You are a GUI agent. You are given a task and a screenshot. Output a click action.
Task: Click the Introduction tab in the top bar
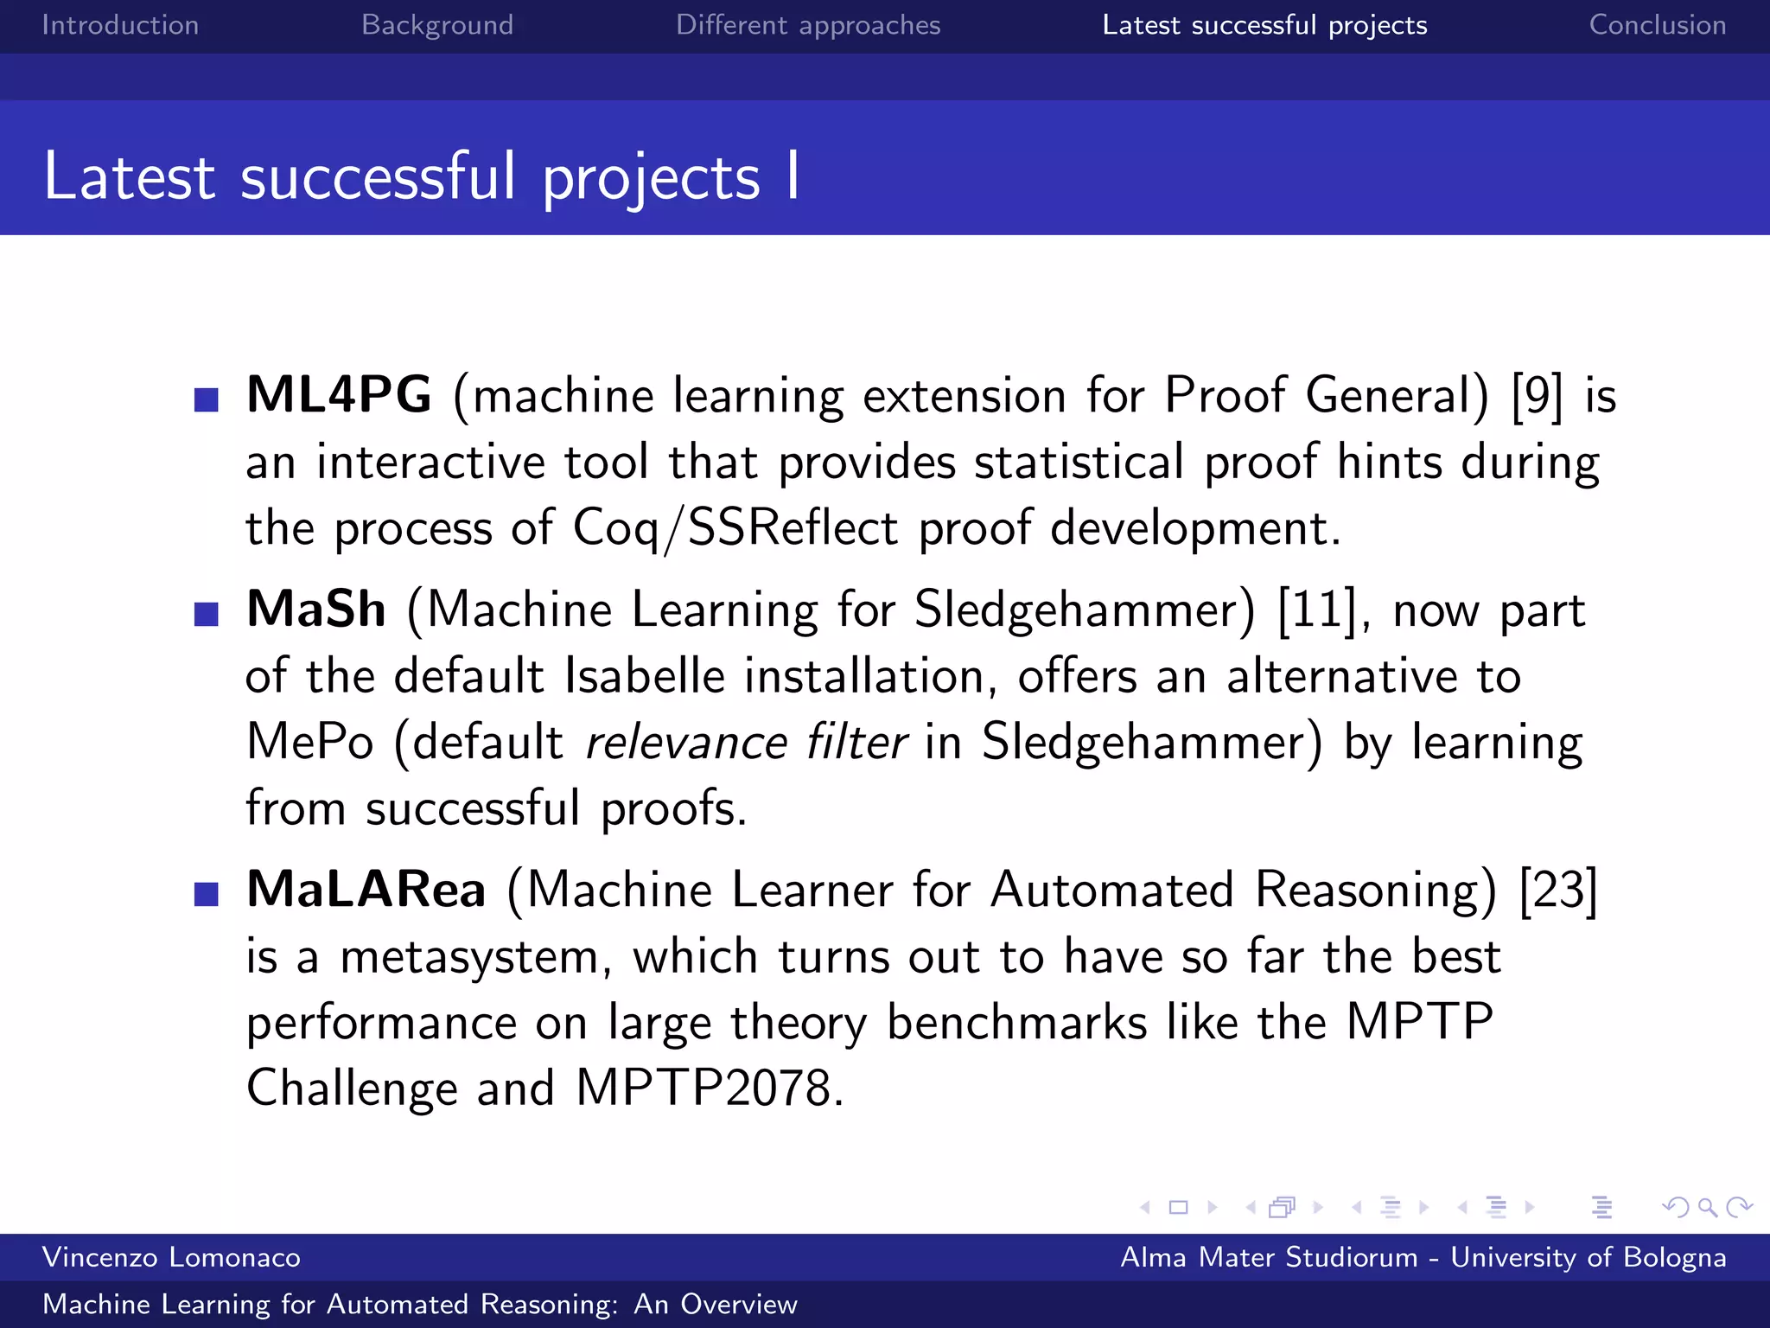click(x=120, y=25)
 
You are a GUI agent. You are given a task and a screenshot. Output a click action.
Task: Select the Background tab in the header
click(x=437, y=25)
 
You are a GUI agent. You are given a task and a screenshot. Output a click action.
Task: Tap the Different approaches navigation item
click(x=807, y=25)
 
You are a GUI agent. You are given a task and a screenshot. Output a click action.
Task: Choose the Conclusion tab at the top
click(x=1657, y=25)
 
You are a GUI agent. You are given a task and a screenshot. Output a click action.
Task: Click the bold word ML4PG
click(x=339, y=395)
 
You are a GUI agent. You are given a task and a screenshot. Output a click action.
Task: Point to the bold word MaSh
click(x=315, y=610)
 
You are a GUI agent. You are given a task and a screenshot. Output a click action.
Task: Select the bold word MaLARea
click(x=366, y=890)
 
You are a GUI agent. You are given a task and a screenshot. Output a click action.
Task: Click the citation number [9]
click(x=1537, y=396)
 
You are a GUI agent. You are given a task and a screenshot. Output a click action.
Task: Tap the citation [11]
click(x=1315, y=610)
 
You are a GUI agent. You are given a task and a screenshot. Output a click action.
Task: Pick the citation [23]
click(x=1557, y=890)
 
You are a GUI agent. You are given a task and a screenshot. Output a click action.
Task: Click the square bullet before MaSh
click(x=207, y=614)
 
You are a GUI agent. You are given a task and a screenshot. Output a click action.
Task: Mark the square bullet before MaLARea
click(x=207, y=894)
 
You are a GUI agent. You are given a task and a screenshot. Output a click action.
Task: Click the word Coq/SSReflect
click(x=735, y=528)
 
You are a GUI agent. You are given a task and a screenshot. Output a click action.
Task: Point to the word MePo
click(x=309, y=742)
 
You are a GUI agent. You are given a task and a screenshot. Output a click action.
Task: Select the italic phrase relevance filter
click(x=745, y=743)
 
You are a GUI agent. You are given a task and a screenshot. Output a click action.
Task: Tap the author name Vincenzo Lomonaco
click(x=171, y=1257)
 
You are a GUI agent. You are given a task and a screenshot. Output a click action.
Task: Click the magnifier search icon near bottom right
click(x=1707, y=1207)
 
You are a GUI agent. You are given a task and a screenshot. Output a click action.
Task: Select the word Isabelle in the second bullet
click(x=644, y=676)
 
